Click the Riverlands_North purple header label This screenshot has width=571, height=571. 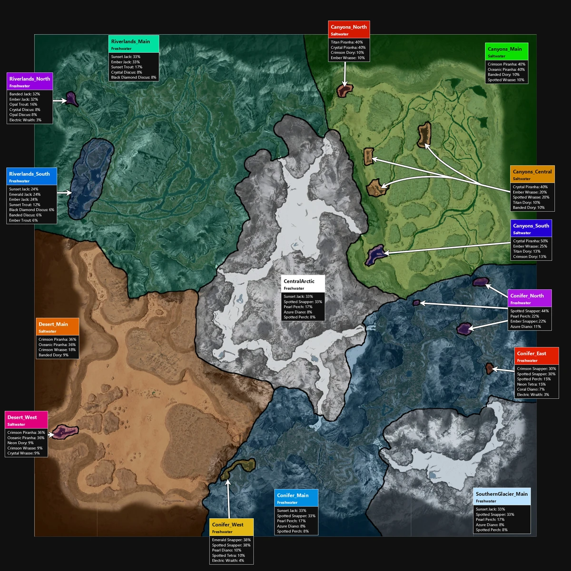tap(30, 81)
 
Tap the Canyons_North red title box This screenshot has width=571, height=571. tap(349, 30)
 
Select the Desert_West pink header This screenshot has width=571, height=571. tap(27, 420)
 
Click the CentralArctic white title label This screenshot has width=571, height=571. tap(303, 284)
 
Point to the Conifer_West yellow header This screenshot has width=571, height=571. tap(231, 527)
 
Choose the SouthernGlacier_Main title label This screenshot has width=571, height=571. tap(502, 496)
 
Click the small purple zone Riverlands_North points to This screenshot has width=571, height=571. tap(71, 98)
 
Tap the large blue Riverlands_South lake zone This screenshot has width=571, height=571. tap(90, 178)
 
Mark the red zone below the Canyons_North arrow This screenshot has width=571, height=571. tap(344, 90)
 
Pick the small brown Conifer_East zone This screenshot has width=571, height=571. tap(489, 368)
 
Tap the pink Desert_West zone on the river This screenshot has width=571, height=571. tap(64, 432)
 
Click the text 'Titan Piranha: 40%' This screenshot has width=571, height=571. tap(347, 42)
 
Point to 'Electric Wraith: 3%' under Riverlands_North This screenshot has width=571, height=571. tap(25, 120)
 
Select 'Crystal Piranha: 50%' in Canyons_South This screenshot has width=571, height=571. tap(530, 241)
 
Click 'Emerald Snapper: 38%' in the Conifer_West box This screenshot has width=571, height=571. tap(231, 540)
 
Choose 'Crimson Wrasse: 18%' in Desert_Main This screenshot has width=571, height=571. tap(57, 350)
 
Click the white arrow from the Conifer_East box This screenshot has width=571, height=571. tap(502, 369)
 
